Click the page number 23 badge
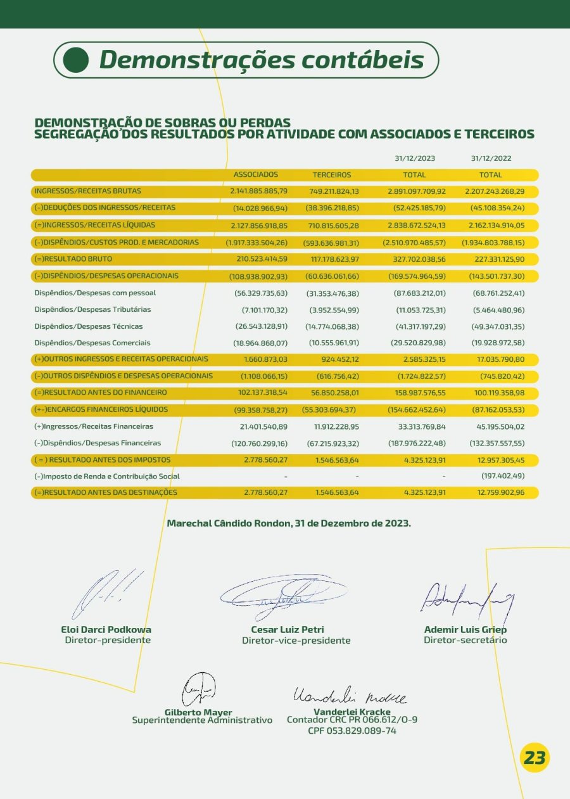[535, 757]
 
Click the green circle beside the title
[77, 60]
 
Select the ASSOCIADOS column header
[256, 174]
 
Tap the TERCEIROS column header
[331, 175]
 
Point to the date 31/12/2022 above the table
[491, 158]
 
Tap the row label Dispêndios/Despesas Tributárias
[92, 309]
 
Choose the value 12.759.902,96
[500, 492]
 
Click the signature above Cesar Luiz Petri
[282, 595]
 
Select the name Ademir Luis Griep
[465, 630]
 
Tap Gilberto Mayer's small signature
[198, 689]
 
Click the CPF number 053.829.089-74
[351, 731]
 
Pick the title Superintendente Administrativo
[202, 720]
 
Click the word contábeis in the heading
[362, 60]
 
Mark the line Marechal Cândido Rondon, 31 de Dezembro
[288, 523]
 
